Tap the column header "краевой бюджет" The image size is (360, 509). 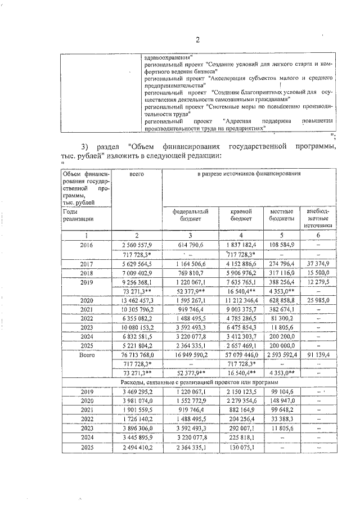241,215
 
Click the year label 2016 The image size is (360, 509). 86,245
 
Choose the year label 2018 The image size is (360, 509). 86,272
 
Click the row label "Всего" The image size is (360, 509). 86,355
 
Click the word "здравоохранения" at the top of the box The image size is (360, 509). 168,57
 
